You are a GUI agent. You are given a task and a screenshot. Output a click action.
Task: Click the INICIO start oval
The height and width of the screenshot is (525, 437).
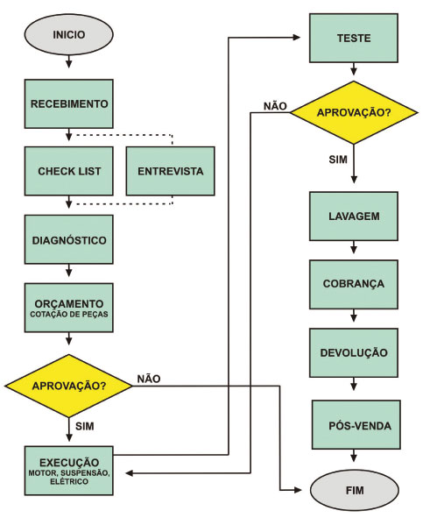[68, 34]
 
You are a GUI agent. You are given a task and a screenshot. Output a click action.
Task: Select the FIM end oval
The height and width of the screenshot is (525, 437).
[355, 490]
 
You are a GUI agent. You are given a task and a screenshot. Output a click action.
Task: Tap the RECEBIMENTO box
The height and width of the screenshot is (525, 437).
[69, 103]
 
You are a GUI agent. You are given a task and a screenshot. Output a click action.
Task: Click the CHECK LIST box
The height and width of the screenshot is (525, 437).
[69, 171]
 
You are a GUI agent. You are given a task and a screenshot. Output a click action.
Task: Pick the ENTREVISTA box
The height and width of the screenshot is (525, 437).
[170, 171]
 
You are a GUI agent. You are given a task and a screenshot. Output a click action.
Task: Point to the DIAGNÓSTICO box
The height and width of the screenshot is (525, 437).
[69, 240]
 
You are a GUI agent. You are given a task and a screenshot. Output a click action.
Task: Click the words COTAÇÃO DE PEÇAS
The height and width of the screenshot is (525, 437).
[69, 315]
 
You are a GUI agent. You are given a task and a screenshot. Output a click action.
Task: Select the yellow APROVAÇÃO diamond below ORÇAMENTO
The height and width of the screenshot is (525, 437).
[68, 386]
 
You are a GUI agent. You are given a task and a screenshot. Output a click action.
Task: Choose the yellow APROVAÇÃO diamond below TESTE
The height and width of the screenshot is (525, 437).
[354, 112]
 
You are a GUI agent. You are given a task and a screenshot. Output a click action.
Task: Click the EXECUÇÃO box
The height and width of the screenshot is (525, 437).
[69, 471]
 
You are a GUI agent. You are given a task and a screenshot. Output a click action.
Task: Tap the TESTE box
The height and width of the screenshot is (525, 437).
[354, 39]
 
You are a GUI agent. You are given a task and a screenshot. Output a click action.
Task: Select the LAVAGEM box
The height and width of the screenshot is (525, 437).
[354, 216]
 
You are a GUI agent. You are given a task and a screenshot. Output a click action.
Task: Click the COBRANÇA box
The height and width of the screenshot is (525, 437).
[354, 285]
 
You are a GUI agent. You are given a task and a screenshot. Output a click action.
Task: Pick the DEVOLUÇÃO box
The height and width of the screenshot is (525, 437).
[354, 353]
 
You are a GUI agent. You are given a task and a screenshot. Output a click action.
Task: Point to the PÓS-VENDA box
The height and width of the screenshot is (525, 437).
[356, 424]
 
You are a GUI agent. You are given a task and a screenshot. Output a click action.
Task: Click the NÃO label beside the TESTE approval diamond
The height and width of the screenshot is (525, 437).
[275, 106]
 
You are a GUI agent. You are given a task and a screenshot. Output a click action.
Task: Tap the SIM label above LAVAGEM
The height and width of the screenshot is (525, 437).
[338, 160]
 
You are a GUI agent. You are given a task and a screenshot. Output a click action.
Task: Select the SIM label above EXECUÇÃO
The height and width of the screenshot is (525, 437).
[85, 426]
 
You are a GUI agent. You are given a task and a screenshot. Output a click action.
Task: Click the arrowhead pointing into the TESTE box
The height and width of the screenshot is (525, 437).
[297, 38]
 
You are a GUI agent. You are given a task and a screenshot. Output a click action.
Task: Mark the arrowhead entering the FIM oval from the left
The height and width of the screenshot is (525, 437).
[298, 490]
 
